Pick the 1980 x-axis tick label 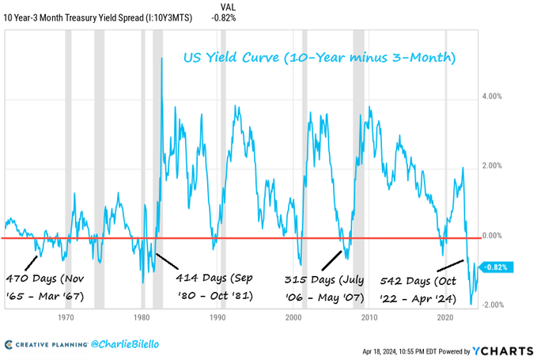click(x=142, y=319)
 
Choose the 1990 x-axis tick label click(x=218, y=319)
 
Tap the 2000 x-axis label click(x=294, y=319)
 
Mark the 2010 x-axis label click(x=369, y=319)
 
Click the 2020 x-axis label click(x=444, y=319)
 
